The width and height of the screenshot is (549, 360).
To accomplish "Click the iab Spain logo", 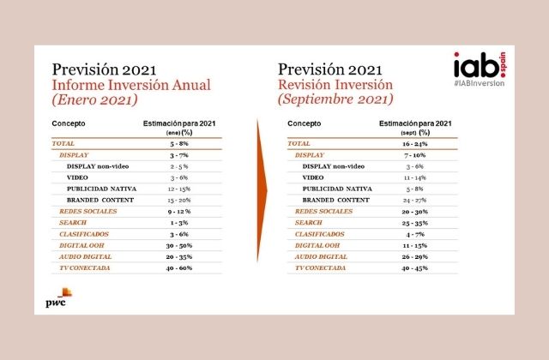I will point(473,67).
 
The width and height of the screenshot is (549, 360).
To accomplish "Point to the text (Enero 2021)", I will point(95,101).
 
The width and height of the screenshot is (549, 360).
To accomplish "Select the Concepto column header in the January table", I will point(69,125).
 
